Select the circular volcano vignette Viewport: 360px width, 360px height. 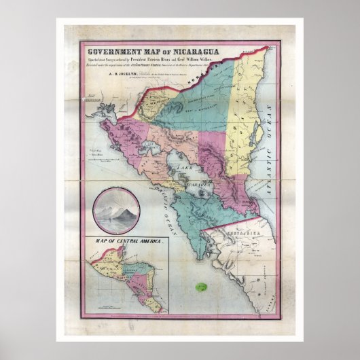tap(115, 209)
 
